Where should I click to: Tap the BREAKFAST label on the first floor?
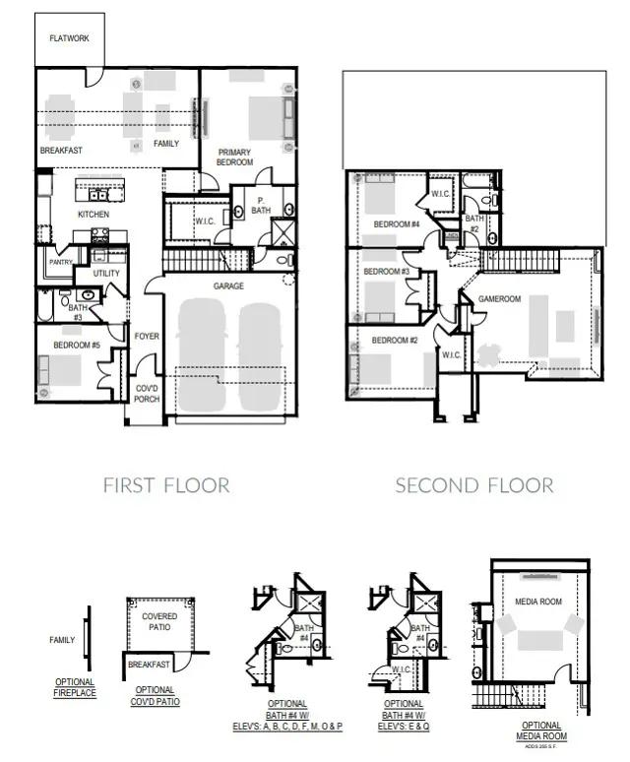coord(61,151)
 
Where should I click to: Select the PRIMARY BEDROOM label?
coord(236,157)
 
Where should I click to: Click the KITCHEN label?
coord(94,215)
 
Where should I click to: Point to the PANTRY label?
coord(61,263)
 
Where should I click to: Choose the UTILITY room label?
coord(107,273)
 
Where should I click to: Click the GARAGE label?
coord(228,286)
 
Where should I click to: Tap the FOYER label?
coord(147,337)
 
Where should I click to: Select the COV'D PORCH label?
coord(147,394)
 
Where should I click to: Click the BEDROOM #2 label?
coord(394,340)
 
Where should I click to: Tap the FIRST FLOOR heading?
coord(166,485)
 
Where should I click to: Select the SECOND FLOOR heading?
coord(474,485)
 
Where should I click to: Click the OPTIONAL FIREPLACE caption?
coord(75,687)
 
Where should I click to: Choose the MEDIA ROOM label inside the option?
coord(537,602)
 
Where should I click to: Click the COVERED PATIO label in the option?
coord(159,622)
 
